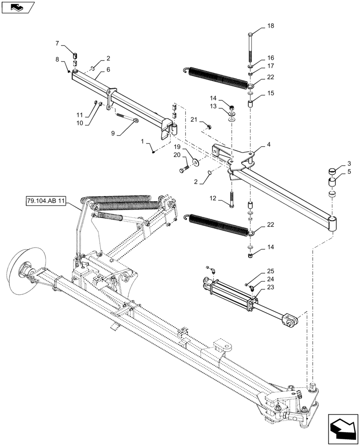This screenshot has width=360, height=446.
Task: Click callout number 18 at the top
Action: coord(271,26)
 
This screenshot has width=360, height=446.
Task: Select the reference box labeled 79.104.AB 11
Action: coord(45,202)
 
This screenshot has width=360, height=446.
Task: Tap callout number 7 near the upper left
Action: coord(57,43)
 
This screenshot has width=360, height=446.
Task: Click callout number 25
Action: coord(271,271)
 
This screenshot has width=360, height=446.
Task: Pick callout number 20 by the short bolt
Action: coord(177,155)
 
